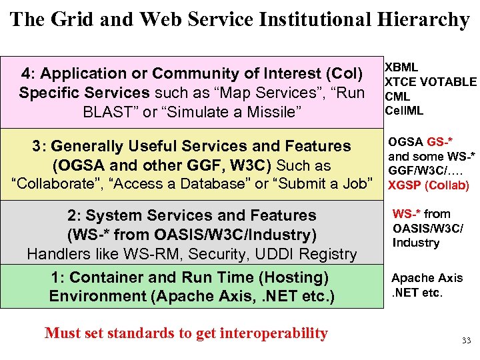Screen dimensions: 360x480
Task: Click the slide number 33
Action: [466, 341]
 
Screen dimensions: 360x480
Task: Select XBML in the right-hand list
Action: [403, 67]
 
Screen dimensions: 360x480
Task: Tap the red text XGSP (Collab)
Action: [429, 185]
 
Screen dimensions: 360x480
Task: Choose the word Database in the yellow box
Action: [213, 184]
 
